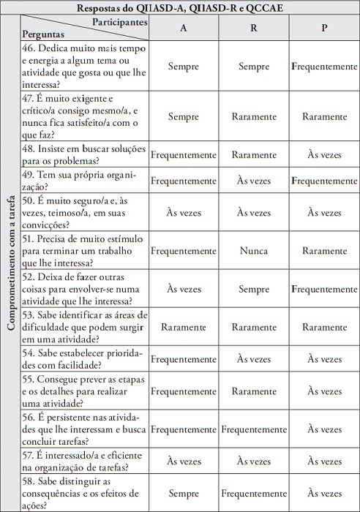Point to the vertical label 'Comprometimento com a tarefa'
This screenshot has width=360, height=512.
[11, 271]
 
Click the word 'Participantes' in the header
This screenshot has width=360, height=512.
[120, 22]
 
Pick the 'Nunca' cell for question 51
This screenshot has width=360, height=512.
[252, 250]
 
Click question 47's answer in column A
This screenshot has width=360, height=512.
[183, 116]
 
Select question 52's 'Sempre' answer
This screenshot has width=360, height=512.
[252, 289]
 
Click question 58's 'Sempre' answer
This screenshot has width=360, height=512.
[183, 494]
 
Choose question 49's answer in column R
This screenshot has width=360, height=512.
[252, 180]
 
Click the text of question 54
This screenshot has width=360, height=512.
[84, 359]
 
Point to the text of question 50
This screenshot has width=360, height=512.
[84, 212]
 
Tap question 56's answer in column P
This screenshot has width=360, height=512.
[324, 429]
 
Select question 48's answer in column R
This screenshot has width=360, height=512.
[252, 154]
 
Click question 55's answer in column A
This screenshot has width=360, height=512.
[183, 391]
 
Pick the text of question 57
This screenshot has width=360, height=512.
[84, 462]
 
